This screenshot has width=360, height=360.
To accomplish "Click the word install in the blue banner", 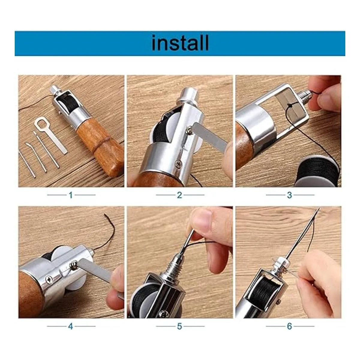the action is coord(180,43).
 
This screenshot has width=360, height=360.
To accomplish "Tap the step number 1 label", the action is coord(70,195).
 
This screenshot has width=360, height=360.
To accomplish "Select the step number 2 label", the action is coord(179,195).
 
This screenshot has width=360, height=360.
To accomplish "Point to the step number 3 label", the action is coord(289,195).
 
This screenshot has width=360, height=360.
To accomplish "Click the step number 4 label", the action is coord(70,326).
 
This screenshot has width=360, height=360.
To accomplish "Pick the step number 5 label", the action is coord(179,326).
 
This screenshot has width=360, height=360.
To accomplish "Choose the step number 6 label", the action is coord(289,326).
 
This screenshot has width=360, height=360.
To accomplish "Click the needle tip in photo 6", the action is coord(319,208).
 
